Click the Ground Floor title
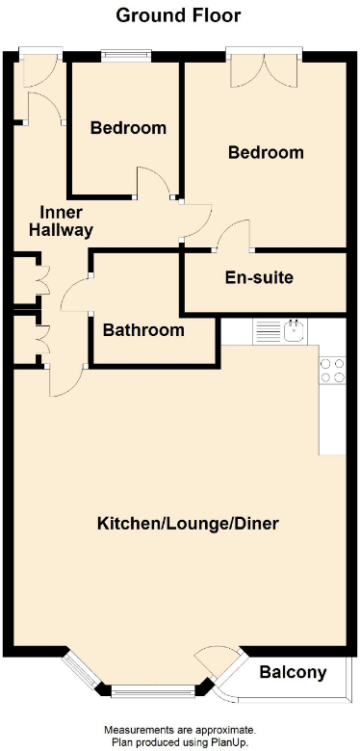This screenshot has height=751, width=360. pyautogui.click(x=179, y=15)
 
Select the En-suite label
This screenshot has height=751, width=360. pyautogui.click(x=259, y=278)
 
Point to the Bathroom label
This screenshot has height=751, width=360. pyautogui.click(x=143, y=330)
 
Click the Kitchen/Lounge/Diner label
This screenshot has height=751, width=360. pyautogui.click(x=188, y=524)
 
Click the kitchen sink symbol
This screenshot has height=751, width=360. pyautogui.click(x=296, y=333)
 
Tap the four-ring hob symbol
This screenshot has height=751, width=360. pyautogui.click(x=331, y=371)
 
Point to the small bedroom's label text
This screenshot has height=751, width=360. pyautogui.click(x=128, y=128)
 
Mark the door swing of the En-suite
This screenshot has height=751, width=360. pyautogui.click(x=234, y=235)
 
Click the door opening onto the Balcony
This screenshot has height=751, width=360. pyautogui.click(x=214, y=664)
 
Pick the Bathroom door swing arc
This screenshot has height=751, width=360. pyautogui.click(x=77, y=295)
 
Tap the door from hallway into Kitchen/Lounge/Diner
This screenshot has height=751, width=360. pyautogui.click(x=65, y=380)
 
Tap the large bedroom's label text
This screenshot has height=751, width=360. pyautogui.click(x=266, y=152)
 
